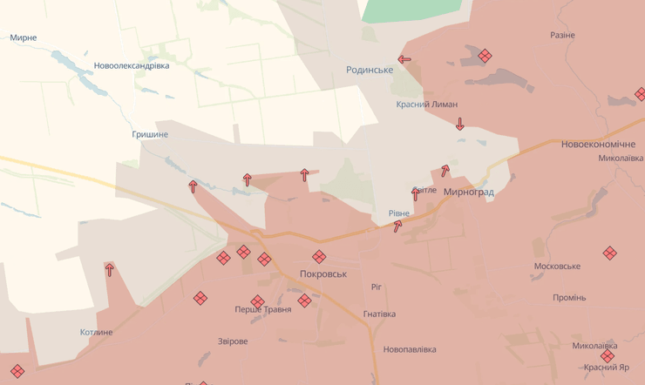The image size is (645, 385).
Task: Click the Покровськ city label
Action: (322, 274)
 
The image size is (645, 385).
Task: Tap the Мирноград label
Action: (468, 192)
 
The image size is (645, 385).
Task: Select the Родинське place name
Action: (370, 70)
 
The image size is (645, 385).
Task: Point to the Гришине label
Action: (150, 134)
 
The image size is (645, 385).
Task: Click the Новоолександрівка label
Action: (131, 65)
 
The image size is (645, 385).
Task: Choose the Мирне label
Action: (24, 38)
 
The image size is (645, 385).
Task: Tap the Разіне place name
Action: (562, 35)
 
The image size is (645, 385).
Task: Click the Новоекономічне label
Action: (598, 144)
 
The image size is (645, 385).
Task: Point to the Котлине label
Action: (96, 332)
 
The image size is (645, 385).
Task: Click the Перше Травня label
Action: (263, 310)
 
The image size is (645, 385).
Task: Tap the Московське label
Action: (557, 265)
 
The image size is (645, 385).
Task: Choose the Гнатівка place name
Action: (379, 314)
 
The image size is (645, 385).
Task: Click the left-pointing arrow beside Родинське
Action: (404, 60)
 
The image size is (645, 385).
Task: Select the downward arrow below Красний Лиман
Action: (460, 125)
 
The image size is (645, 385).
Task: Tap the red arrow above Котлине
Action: (110, 270)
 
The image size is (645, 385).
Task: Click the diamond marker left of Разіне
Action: (485, 56)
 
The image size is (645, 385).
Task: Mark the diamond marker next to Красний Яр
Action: (607, 355)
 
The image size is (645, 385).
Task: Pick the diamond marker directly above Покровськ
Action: (319, 256)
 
